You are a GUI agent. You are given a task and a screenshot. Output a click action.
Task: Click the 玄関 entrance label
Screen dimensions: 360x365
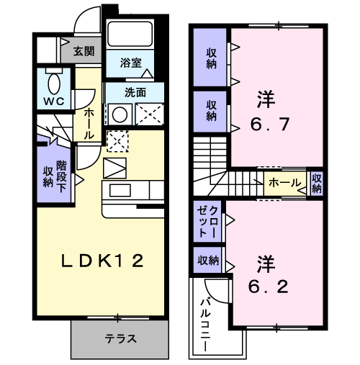pyautogui.click(x=84, y=51)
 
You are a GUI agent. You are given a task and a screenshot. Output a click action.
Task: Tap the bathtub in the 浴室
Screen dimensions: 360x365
pyautogui.click(x=130, y=34)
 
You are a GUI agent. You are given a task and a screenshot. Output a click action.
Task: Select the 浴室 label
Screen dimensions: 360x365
pyautogui.click(x=131, y=63)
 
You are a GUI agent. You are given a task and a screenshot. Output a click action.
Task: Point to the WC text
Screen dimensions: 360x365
pyautogui.click(x=54, y=102)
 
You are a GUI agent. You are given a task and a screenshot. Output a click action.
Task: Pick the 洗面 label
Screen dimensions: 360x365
pyautogui.click(x=135, y=92)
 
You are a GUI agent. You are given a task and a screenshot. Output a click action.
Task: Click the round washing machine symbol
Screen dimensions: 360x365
pyautogui.click(x=120, y=114)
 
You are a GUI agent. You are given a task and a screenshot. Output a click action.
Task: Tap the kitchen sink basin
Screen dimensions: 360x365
pyautogui.click(x=120, y=190)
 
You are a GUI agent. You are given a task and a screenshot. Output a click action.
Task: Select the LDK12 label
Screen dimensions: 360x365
pyautogui.click(x=102, y=261)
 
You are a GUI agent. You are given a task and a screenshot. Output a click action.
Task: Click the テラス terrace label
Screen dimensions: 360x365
pyautogui.click(x=120, y=338)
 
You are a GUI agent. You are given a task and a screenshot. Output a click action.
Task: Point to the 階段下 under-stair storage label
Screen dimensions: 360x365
pyautogui.click(x=61, y=176)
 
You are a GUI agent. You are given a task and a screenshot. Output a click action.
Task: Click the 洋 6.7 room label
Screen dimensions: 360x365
pyautogui.click(x=269, y=111)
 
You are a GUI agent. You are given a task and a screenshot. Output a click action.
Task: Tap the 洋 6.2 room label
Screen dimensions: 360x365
pyautogui.click(x=268, y=274)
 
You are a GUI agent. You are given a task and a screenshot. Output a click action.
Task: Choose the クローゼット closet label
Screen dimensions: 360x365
pyautogui.click(x=207, y=222)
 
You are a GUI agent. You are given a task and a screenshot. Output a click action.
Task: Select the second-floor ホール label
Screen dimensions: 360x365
pyautogui.click(x=284, y=183)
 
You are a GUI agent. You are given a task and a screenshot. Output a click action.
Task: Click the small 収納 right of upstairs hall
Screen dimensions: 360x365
pyautogui.click(x=317, y=184)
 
